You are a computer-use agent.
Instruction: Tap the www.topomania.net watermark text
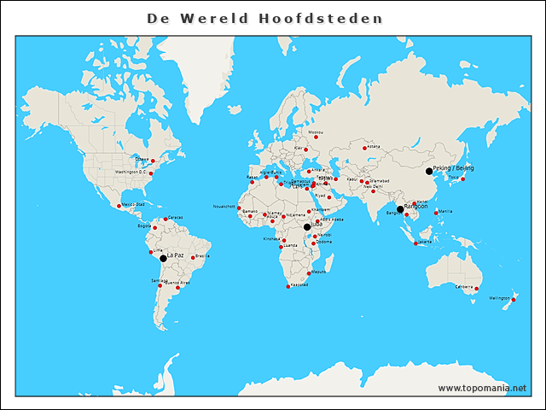tap(482, 388)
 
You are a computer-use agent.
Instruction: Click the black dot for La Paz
tap(163, 257)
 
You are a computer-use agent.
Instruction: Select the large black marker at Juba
tap(307, 226)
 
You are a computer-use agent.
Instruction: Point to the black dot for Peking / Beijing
tap(429, 171)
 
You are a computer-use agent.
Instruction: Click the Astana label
tap(374, 146)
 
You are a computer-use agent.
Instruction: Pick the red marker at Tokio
tap(462, 179)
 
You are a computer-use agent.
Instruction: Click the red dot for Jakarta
tap(415, 244)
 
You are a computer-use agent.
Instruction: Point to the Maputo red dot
tap(309, 273)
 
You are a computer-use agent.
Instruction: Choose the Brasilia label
tap(202, 255)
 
